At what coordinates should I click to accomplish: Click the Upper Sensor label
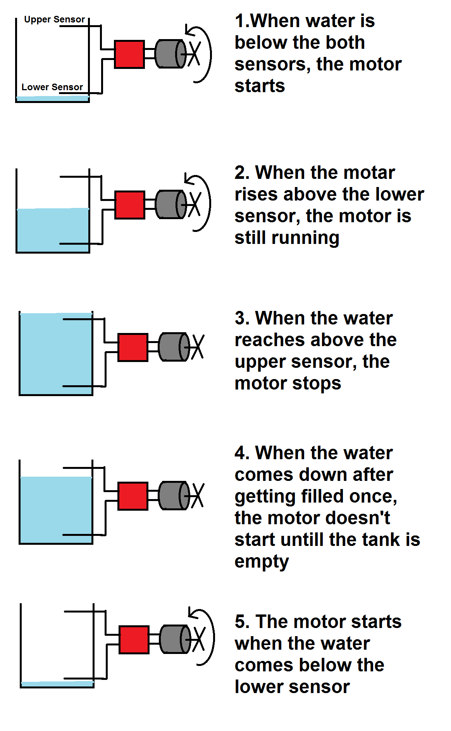[54, 19]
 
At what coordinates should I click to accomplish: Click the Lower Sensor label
[52, 87]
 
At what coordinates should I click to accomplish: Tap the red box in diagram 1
[129, 55]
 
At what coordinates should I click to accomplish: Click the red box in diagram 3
[133, 347]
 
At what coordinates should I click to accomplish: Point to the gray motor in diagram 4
[173, 496]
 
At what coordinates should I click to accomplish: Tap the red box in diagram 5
[134, 640]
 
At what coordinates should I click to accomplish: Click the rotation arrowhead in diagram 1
[189, 31]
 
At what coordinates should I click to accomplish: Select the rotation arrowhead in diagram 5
[192, 613]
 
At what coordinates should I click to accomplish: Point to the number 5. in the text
[243, 622]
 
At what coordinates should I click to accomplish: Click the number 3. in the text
[243, 318]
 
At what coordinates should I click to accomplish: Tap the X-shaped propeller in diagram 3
[197, 347]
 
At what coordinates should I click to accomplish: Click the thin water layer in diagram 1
[52, 99]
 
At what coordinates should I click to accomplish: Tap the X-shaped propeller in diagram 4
[197, 495]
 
